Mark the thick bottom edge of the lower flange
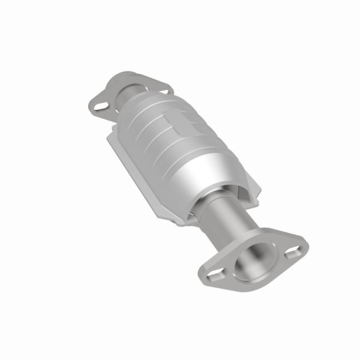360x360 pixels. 240,283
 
